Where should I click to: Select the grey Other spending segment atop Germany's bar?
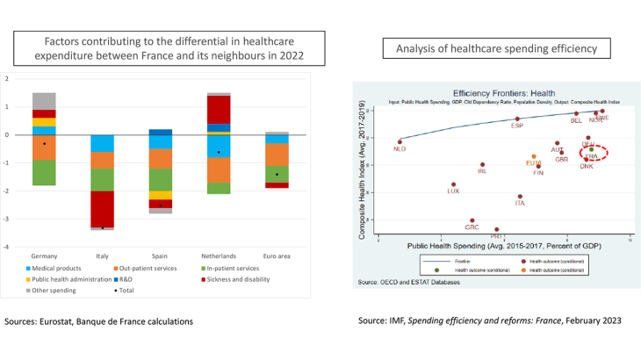(44, 101)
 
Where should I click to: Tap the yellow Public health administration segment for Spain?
(161, 196)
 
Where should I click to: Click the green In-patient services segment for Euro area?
(277, 174)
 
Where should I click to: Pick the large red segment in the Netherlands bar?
(219, 110)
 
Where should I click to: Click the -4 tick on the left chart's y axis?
(7, 247)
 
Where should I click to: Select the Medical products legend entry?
(56, 267)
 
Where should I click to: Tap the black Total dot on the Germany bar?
(44, 143)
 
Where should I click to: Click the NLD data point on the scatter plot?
(400, 141)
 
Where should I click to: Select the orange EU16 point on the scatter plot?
(533, 157)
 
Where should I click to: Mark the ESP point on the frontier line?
(517, 119)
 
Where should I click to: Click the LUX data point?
(453, 184)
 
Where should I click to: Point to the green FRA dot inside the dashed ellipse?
(591, 150)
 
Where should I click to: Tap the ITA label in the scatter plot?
(520, 203)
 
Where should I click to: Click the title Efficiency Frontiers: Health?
(493, 92)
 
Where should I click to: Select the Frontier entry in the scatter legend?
(466, 262)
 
